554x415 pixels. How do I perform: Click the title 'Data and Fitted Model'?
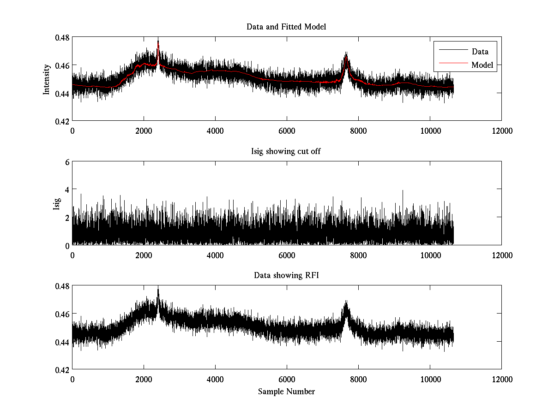point(286,27)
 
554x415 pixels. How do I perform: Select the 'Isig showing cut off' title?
point(286,151)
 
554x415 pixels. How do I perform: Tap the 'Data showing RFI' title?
point(286,275)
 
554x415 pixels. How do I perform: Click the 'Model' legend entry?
point(482,65)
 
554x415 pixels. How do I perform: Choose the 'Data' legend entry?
point(480,52)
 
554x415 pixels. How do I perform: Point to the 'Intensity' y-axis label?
point(46,79)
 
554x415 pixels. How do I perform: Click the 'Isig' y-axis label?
point(57,203)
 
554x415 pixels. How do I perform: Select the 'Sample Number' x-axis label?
point(286,391)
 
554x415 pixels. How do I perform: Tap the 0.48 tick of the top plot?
point(63,37)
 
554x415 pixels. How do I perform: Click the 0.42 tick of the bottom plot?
point(63,370)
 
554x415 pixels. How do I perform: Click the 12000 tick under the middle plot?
point(501,255)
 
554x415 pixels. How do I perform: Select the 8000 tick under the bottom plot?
point(358,379)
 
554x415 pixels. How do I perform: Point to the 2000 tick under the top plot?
point(144,131)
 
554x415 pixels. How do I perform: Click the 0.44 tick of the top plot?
point(63,93)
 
